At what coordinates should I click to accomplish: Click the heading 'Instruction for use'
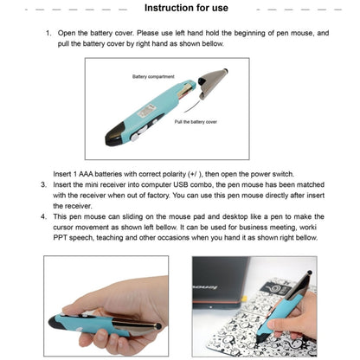[x=186, y=9]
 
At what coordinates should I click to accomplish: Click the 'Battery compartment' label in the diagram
[x=153, y=77]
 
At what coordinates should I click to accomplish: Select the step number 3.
[x=43, y=184]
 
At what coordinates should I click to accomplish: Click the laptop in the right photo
[x=234, y=286]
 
